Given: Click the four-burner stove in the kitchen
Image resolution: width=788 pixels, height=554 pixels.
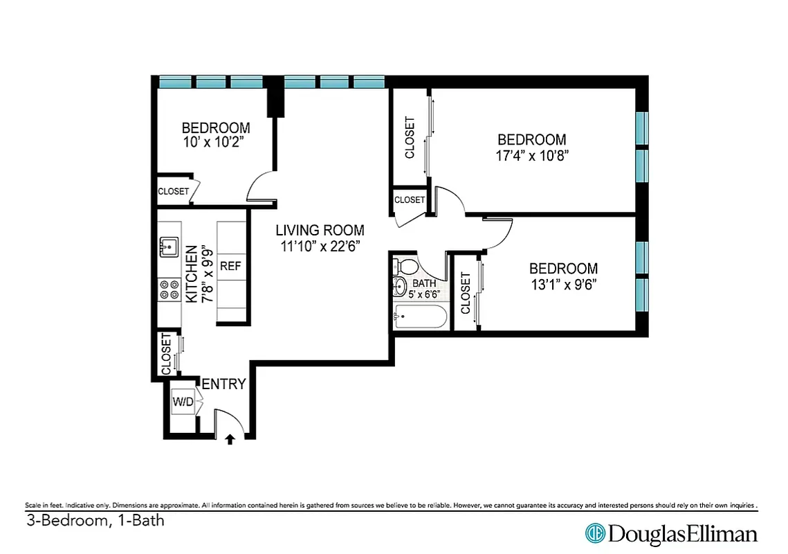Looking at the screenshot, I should tap(169, 289).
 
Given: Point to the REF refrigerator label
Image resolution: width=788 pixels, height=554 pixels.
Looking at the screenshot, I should tap(230, 266).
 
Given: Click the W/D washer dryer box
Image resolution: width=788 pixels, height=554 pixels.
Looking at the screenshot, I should tap(183, 402).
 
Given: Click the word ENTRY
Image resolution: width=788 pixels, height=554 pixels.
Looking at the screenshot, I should tap(223, 384).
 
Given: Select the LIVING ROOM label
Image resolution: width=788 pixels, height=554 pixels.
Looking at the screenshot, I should tap(320, 231).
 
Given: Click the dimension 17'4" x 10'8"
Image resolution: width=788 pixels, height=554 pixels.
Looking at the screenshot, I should tap(531, 155).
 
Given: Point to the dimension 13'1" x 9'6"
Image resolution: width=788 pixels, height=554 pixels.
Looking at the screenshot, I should tap(563, 284).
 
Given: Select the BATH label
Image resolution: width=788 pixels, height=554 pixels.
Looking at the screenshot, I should tap(424, 283).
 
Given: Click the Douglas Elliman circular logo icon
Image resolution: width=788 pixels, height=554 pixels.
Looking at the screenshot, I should tap(595, 533).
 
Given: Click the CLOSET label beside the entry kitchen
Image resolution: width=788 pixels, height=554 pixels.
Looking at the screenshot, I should tap(166, 355).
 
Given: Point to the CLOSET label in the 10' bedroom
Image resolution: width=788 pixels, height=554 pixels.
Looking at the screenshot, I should tap(173, 191).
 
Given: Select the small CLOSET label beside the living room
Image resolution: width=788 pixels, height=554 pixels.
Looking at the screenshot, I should tap(410, 199).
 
